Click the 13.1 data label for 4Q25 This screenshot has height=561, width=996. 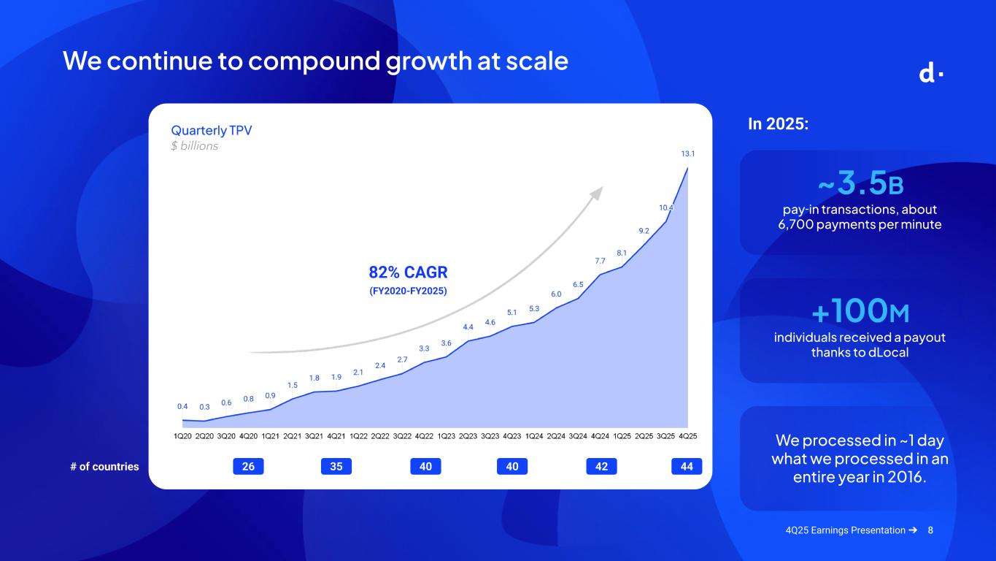(688, 153)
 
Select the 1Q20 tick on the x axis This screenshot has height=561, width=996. (182, 436)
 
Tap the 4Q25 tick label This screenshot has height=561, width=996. (688, 436)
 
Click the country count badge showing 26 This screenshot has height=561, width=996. (248, 466)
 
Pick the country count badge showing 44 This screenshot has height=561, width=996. (687, 466)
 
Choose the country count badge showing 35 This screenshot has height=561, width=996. (336, 466)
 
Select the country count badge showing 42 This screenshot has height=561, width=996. (601, 466)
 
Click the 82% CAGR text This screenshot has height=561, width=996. (408, 272)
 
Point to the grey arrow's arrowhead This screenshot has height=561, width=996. (597, 194)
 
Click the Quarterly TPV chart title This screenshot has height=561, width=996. (211, 131)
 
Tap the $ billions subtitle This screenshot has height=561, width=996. (194, 146)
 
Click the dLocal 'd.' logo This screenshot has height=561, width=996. (931, 74)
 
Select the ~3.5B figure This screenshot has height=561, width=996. (861, 183)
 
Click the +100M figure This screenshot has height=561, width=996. (860, 310)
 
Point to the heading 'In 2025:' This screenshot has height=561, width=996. (778, 123)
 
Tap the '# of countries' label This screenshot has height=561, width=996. (104, 467)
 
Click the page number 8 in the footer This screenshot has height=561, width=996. (930, 530)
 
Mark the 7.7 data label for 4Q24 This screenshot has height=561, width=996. (600, 261)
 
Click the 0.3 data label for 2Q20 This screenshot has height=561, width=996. (204, 407)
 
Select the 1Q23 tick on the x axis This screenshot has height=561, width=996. (446, 436)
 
